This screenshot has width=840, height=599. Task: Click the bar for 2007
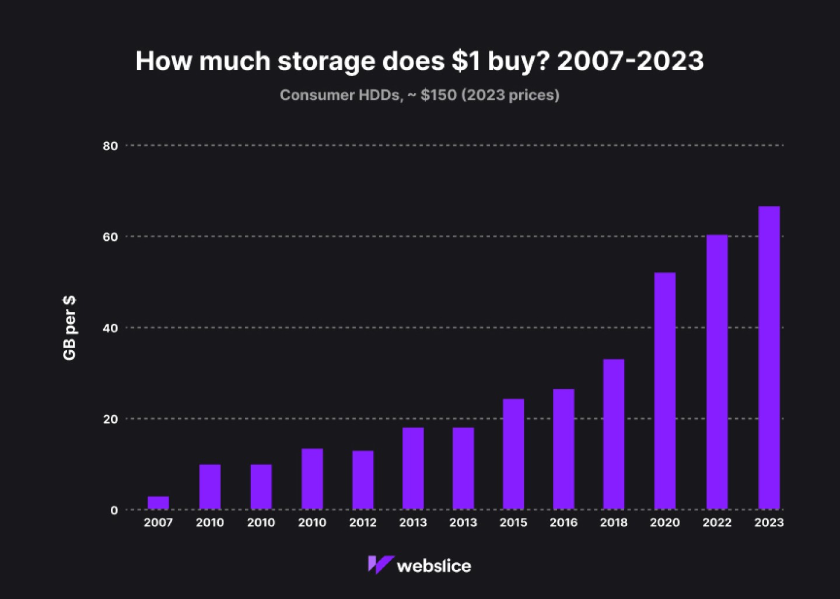[158, 503]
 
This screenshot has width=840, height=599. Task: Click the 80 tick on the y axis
[110, 146]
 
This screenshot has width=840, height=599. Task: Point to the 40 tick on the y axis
[110, 328]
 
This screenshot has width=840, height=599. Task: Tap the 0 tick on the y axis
[114, 510]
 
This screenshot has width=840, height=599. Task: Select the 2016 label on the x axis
[563, 523]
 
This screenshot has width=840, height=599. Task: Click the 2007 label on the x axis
[158, 523]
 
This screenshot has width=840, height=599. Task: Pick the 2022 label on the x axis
[717, 523]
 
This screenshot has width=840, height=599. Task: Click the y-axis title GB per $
[69, 328]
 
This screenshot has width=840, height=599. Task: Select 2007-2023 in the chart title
[630, 61]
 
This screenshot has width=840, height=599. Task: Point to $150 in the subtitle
[438, 95]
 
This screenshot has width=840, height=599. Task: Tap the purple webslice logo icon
[380, 565]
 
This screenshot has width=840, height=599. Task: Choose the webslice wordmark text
[433, 566]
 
